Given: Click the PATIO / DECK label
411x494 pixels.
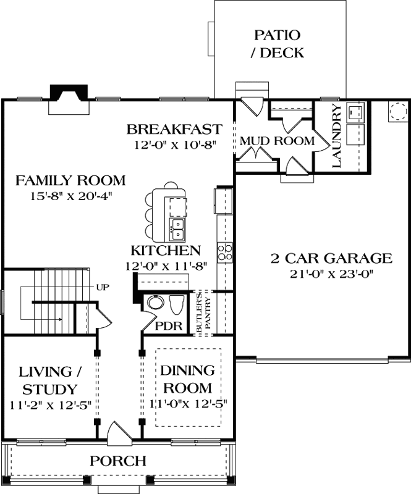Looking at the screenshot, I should coord(277,44).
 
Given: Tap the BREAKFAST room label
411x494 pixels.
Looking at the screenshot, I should coord(174,129).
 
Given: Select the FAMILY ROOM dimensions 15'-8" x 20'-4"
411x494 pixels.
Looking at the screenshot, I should coord(70,196).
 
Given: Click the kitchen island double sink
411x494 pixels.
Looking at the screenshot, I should coord(177,229).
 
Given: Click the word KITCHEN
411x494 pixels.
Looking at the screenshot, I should coord(165,250).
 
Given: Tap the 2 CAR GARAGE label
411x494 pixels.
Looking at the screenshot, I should coord(331,258).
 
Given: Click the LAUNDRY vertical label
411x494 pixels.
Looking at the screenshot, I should coord(337,136).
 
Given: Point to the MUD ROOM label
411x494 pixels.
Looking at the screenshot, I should coord(277,141).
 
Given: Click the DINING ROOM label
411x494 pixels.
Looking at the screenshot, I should coord(187,379).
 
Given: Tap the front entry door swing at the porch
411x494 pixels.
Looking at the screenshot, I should coord(117,433).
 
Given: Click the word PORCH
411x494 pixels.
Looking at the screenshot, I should coord(118,461).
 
